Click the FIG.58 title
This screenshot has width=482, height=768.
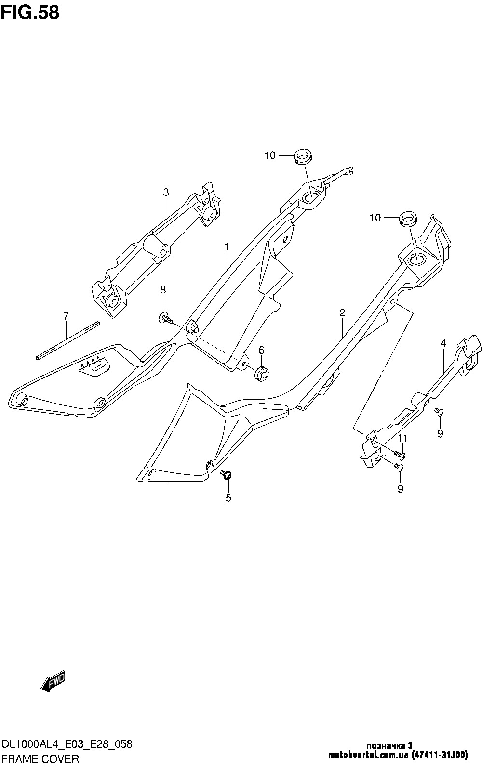pyautogui.click(x=30, y=13)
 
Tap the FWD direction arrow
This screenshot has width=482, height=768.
pyautogui.click(x=53, y=682)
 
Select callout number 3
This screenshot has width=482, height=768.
pyautogui.click(x=166, y=193)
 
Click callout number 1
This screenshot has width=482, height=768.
pyautogui.click(x=226, y=247)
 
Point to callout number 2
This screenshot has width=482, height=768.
pyautogui.click(x=342, y=313)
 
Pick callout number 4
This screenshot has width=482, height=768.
pyautogui.click(x=443, y=343)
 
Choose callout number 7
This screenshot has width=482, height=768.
pyautogui.click(x=66, y=316)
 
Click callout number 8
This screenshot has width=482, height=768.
pyautogui.click(x=163, y=289)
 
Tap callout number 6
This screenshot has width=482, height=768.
pyautogui.click(x=261, y=350)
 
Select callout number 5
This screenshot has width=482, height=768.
pyautogui.click(x=228, y=498)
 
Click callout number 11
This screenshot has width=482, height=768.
pyautogui.click(x=402, y=438)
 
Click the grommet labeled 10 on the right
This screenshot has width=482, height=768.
pyautogui.click(x=407, y=219)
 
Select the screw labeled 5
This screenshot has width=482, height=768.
pyautogui.click(x=226, y=475)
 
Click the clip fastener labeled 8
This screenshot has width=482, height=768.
pyautogui.click(x=165, y=317)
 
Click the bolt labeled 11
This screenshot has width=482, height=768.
pyautogui.click(x=400, y=454)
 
